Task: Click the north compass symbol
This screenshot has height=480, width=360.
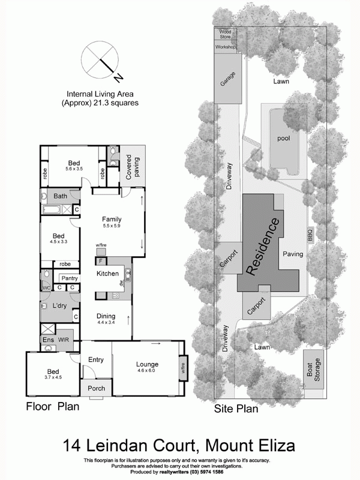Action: (101, 59)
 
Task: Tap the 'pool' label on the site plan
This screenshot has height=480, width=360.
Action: (283, 137)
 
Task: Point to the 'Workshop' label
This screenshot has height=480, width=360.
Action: (226, 47)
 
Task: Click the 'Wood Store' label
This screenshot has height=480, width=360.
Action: (225, 34)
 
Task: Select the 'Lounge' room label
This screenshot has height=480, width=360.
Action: (146, 364)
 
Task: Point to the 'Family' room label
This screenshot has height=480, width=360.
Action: (112, 218)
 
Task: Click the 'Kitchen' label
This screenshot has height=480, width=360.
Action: (108, 274)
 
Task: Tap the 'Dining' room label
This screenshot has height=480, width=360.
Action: (106, 316)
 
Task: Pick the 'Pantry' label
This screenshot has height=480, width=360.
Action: (70, 278)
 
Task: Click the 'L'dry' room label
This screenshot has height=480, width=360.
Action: (59, 306)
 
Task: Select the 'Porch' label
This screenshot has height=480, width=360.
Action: (96, 388)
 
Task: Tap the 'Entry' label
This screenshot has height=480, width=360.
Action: (96, 360)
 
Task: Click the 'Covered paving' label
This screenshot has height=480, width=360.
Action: (132, 166)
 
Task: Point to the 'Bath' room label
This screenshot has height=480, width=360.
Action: (60, 196)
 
